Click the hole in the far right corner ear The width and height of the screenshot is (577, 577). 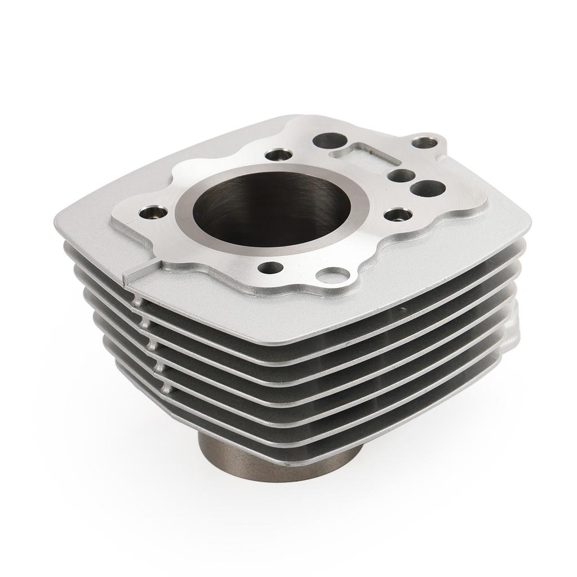coord(432,140)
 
